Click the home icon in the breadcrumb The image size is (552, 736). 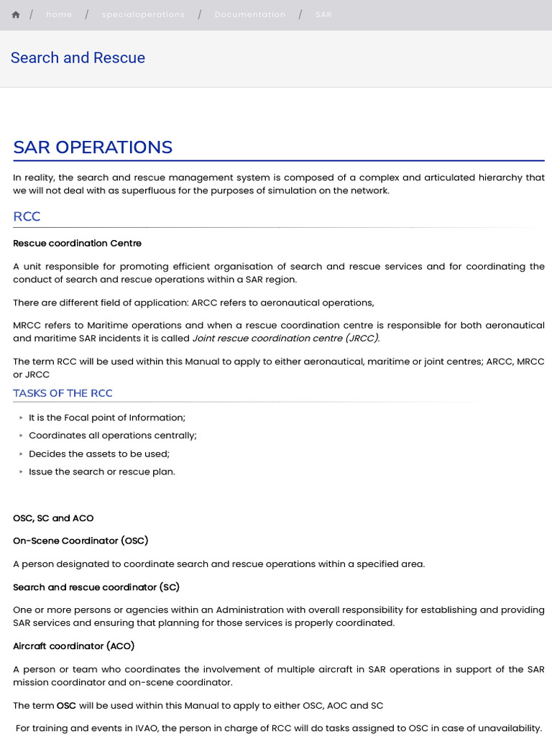coord(16,14)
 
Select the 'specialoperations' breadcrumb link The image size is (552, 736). coord(143,14)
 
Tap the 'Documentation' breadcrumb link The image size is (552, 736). coord(249,14)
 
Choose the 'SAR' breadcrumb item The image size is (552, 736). coord(323,14)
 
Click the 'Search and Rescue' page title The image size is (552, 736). coord(78,58)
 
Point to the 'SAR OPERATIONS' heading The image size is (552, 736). coord(93,147)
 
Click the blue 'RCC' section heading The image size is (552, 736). coord(27,216)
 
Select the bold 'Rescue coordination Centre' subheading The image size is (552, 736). coord(77,243)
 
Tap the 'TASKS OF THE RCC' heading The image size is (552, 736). coord(63,393)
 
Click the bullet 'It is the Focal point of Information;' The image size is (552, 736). coord(107,418)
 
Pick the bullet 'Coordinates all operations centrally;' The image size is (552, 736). coord(113,436)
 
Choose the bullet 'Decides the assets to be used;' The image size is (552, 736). coord(99,454)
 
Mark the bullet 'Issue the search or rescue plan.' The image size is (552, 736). coord(102,471)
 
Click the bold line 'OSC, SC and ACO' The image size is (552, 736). coord(53,518)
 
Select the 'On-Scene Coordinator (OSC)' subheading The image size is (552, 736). coord(80,540)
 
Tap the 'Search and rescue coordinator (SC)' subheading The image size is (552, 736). coord(96,587)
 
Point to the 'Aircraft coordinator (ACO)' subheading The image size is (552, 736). coord(73,646)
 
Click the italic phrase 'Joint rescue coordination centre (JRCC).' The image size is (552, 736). coord(286,338)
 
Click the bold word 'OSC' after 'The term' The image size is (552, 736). coord(66,705)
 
